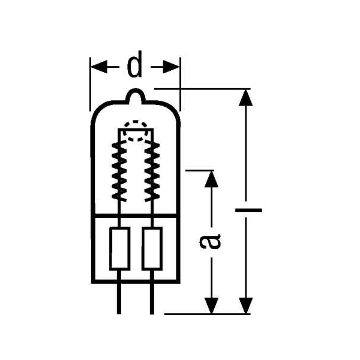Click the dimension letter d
pyautogui.click(x=134, y=64)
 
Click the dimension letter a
pyautogui.click(x=210, y=241)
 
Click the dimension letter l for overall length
pyautogui.click(x=248, y=210)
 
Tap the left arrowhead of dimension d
pyautogui.click(x=99, y=67)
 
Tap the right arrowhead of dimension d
pyautogui.click(x=171, y=67)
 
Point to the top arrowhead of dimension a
pyautogui.click(x=211, y=179)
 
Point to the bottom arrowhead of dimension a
pyautogui.click(x=211, y=305)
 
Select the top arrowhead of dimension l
pyautogui.click(x=245, y=98)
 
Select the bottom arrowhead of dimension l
pyautogui.click(x=245, y=305)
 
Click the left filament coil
pyautogui.click(x=119, y=171)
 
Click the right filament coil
pyautogui.click(x=152, y=171)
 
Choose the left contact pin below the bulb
pyautogui.click(x=119, y=299)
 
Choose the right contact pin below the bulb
pyautogui.click(x=152, y=299)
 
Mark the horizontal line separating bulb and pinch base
pyautogui.click(x=136, y=215)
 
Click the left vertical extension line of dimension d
pyautogui.click(x=90, y=84)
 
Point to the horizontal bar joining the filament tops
pyautogui.click(x=136, y=130)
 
